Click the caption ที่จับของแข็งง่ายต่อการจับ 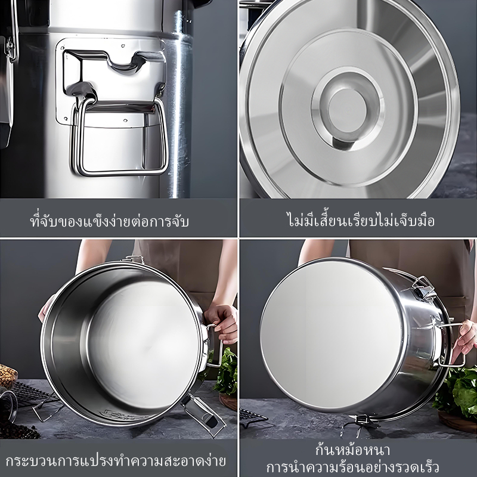point(110,221)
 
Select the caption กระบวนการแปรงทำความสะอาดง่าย point(116,460)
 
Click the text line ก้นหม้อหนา point(352,450)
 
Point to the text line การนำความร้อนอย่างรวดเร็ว point(352,467)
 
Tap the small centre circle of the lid point(348,110)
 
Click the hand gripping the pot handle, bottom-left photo point(221,323)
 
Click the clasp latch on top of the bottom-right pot point(424,288)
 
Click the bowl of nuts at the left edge point(8,376)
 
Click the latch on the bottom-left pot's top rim point(133,259)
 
